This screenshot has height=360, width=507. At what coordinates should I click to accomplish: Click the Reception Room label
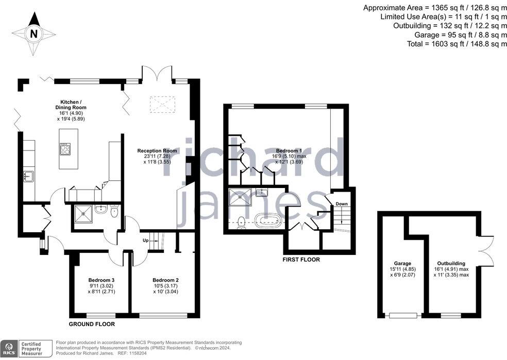pos(157,151)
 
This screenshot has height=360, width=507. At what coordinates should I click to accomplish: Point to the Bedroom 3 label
pos(102,280)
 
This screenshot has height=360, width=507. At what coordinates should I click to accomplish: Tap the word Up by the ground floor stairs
pos(146,241)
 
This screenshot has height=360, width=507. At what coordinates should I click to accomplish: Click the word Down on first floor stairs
pos(341,204)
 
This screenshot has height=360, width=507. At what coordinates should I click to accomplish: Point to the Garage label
pos(403,263)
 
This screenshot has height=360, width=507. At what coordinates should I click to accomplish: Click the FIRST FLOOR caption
pos(301,260)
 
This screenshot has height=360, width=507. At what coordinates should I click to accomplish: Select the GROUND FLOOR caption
pos(92,324)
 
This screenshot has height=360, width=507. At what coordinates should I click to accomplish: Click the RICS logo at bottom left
pos(9,348)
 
